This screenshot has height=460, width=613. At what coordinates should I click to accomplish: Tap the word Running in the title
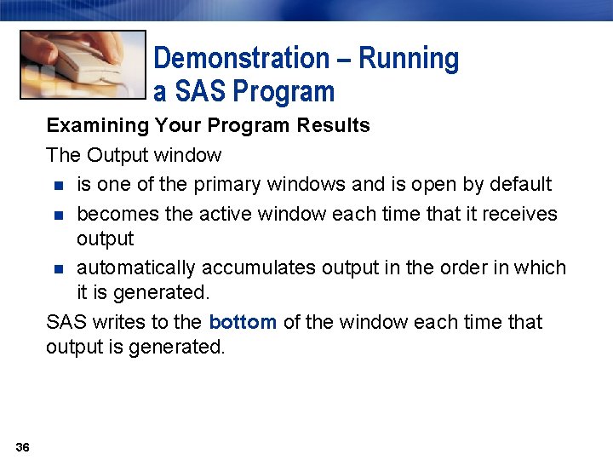click(409, 59)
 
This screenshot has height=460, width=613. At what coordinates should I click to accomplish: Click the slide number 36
click(22, 447)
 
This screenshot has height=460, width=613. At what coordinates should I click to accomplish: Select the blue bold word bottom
click(243, 322)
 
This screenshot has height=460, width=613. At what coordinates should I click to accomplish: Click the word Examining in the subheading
click(97, 126)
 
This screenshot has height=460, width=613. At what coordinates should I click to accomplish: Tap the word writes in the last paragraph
click(111, 322)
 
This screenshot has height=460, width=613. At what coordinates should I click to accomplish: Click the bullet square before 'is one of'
click(57, 185)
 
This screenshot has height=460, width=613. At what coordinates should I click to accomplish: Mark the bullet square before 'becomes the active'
click(57, 215)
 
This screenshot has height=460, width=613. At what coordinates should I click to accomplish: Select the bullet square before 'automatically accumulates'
click(57, 268)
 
